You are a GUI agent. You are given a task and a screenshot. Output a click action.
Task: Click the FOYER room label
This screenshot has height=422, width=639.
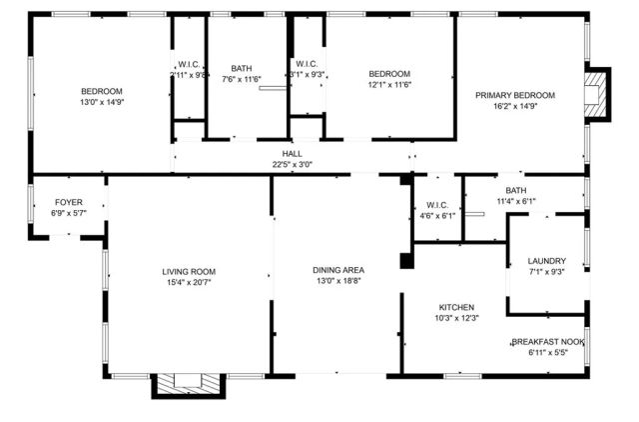click(69, 202)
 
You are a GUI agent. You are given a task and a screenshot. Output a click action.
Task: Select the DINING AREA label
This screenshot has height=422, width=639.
click(337, 270)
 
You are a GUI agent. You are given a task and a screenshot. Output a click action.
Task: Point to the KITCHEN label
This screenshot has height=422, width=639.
click(457, 307)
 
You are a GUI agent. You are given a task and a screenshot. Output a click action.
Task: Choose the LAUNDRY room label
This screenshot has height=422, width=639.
click(546, 260)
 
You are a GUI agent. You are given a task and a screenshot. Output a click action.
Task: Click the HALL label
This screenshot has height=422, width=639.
click(292, 154)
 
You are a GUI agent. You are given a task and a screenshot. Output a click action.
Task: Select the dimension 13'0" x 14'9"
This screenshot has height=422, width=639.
click(102, 102)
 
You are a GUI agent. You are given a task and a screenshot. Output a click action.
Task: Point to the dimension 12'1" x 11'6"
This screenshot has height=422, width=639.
click(389, 85)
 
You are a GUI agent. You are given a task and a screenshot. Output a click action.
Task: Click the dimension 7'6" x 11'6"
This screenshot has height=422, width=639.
click(242, 80)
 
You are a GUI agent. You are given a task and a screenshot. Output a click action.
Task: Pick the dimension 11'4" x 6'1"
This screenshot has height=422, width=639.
click(516, 201)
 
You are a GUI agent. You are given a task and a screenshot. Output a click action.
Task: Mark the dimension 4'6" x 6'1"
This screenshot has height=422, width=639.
click(435, 215)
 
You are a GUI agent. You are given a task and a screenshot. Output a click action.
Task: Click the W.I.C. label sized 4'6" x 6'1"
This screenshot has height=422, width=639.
click(435, 204)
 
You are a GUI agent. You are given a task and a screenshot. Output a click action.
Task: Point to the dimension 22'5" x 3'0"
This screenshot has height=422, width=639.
click(292, 165)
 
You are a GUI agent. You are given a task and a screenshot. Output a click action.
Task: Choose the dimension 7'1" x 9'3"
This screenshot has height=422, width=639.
click(546, 272)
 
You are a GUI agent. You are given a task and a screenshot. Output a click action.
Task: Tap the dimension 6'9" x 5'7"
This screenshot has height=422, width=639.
click(69, 213)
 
